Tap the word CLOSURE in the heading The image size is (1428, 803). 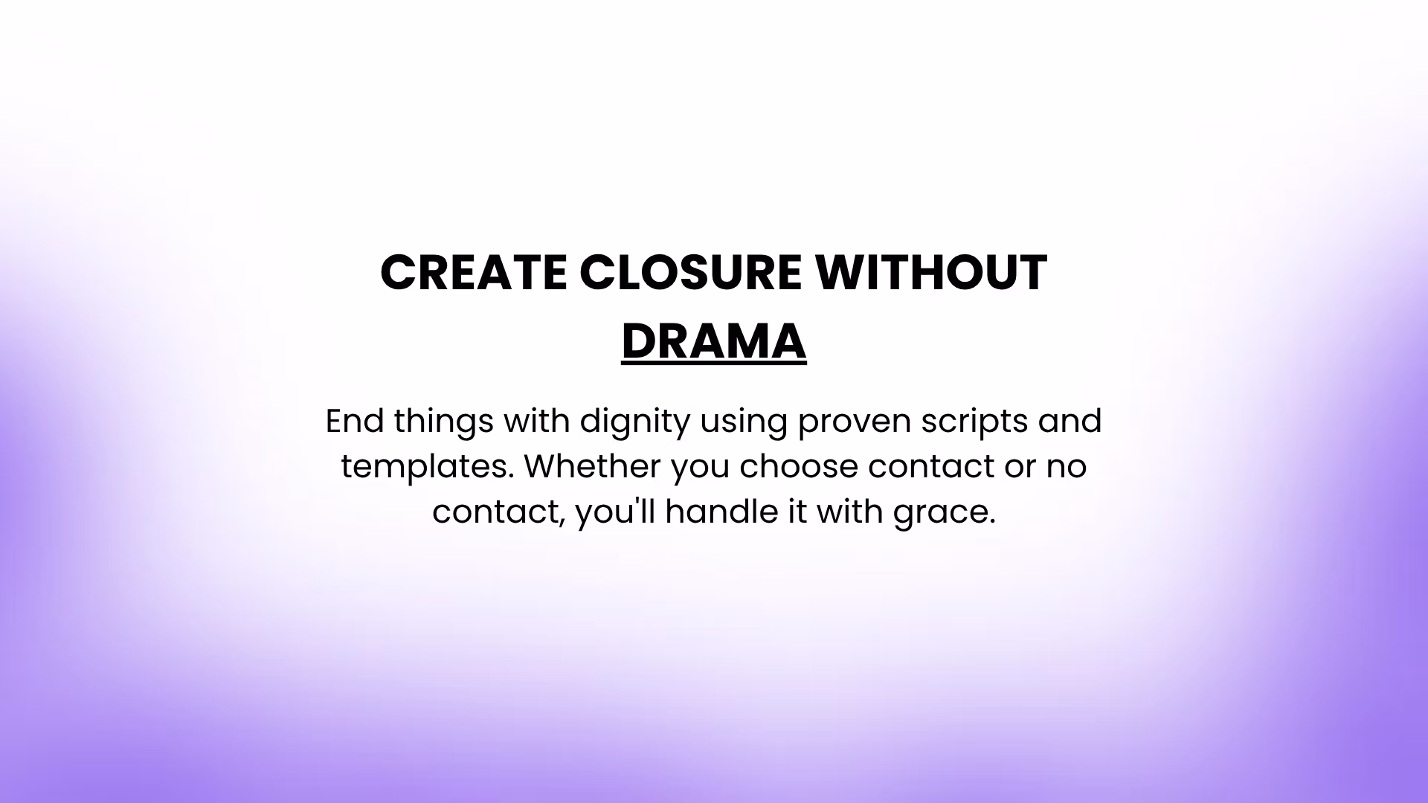point(690,272)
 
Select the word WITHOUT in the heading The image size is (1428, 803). point(930,272)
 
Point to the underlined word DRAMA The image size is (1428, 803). point(714,342)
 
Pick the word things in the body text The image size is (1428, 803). point(443,422)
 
